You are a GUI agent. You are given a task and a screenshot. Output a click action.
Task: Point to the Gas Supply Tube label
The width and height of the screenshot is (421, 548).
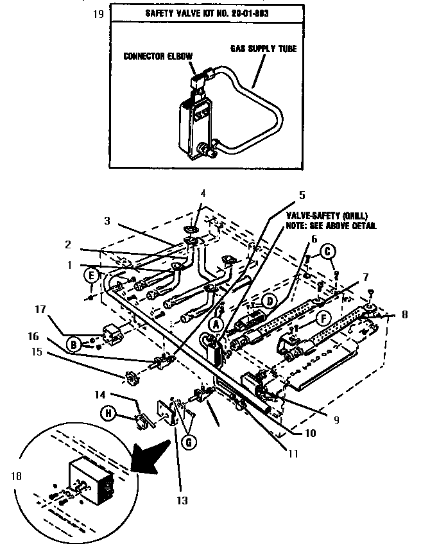click(263, 48)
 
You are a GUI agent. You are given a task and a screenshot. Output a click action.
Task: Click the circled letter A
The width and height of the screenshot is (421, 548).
click(218, 325)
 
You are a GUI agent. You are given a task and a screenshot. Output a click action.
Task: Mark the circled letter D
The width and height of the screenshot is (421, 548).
click(271, 299)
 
